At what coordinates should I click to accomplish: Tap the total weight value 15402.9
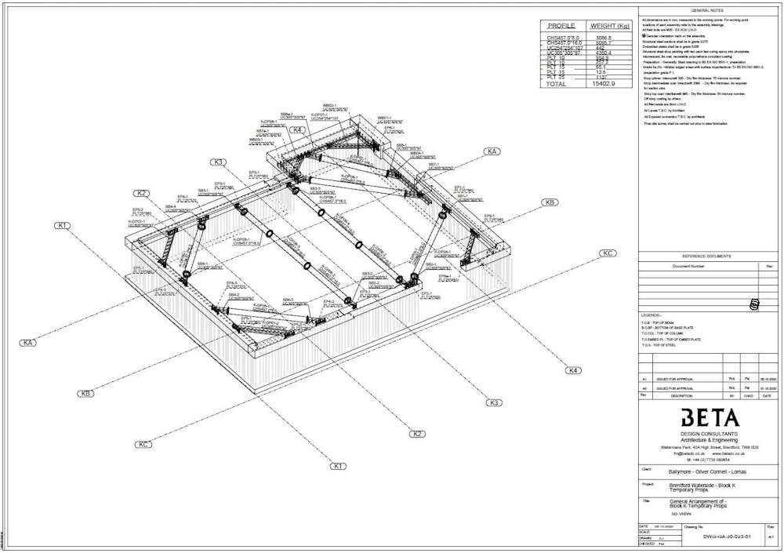[603, 83]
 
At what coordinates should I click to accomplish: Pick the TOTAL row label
[557, 83]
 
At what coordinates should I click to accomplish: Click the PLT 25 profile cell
[556, 78]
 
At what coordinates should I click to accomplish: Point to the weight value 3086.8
[600, 38]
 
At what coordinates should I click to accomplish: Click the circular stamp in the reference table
[754, 304]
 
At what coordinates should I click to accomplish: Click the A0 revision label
[644, 388]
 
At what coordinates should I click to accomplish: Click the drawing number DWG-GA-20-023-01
[720, 537]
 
